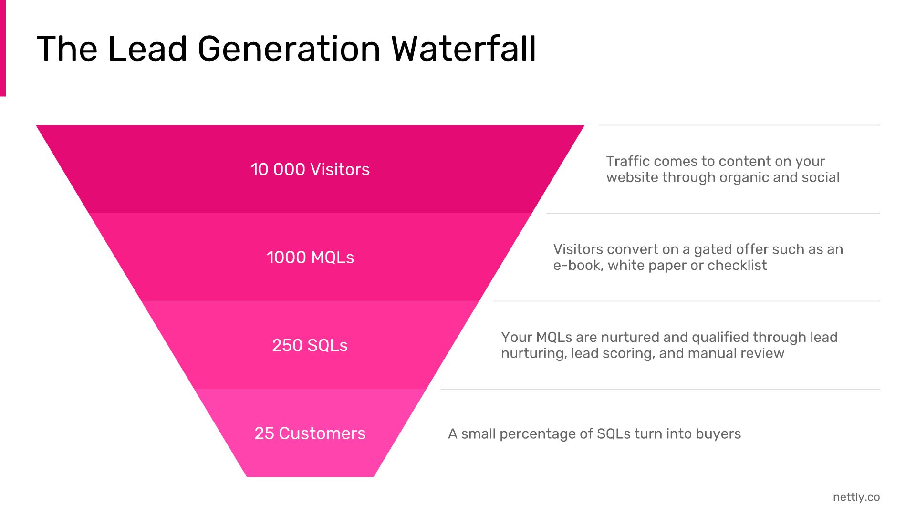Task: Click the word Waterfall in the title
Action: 464,49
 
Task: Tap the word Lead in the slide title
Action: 147,49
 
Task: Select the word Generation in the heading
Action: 289,49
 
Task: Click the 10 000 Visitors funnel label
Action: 310,169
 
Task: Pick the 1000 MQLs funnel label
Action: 310,257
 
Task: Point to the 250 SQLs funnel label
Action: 310,345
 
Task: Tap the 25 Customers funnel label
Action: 310,433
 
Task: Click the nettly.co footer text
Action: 856,497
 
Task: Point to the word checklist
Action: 737,265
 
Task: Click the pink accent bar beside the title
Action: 3,48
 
